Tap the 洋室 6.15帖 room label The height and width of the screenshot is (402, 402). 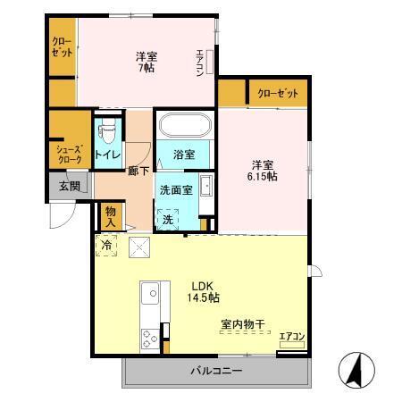click(263, 170)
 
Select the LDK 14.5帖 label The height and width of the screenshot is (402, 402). click(204, 291)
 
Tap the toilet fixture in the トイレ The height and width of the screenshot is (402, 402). click(109, 133)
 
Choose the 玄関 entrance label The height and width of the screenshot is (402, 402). click(70, 186)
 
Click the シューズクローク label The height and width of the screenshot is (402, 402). click(69, 154)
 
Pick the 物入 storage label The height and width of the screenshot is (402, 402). click(111, 214)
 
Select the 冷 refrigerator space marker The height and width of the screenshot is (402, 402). click(106, 244)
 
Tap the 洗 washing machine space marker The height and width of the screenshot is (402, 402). click(167, 219)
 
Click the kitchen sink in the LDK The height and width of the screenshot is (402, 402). click(149, 293)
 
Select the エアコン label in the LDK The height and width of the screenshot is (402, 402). click(292, 336)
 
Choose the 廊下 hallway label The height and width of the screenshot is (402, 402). click(138, 169)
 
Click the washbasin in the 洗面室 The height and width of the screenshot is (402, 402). click(205, 186)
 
